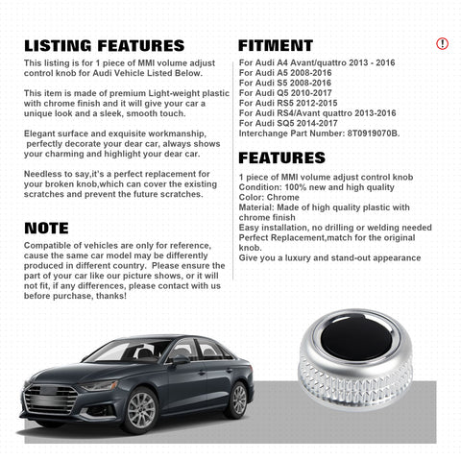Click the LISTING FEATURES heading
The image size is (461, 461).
pos(104,45)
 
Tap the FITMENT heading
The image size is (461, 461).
pos(276,45)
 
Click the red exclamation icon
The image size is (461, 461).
pos(442,43)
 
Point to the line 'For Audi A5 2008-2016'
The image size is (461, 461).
pos(284,72)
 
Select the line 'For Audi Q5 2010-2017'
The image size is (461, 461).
pos(284,93)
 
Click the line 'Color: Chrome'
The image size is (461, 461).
pos(272,197)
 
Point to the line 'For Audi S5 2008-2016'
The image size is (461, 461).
pos(284,83)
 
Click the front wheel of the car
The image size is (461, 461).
pos(140,411)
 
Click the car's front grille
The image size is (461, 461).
pos(50,397)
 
